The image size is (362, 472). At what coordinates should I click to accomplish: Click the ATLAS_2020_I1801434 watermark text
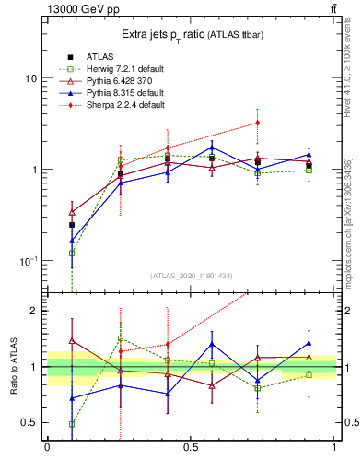[x=192, y=275]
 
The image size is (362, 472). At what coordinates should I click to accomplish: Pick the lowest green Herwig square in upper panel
[x=72, y=253]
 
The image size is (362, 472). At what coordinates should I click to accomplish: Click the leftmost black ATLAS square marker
[x=72, y=224]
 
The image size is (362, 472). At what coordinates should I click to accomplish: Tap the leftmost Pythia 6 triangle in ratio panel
[x=72, y=340]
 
